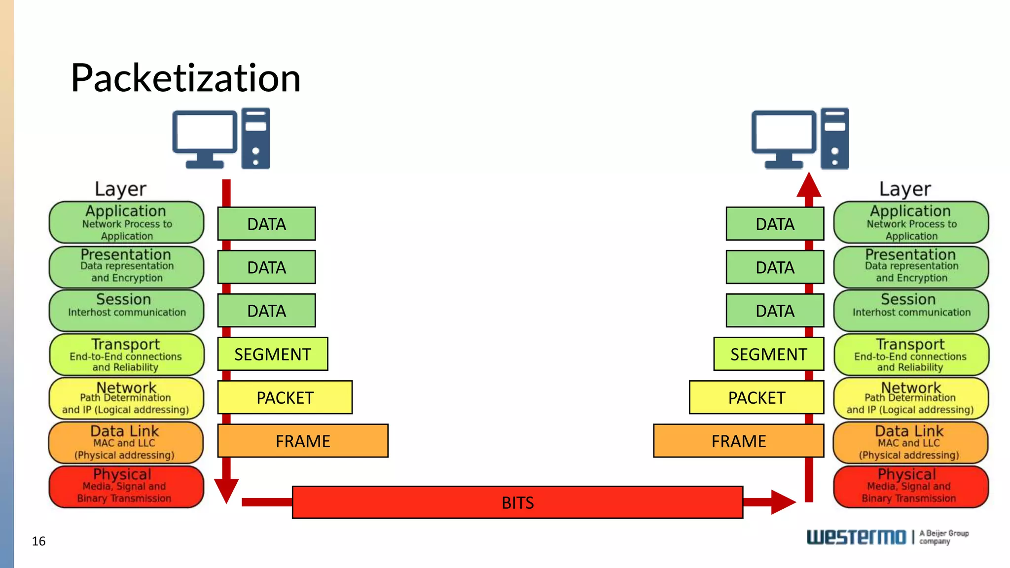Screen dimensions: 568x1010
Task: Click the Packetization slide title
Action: click(185, 78)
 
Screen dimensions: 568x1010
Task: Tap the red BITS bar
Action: click(517, 502)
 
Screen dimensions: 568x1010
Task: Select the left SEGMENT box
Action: click(273, 354)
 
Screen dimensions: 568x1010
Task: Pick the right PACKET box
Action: click(756, 397)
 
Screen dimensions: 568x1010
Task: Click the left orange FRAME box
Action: click(303, 441)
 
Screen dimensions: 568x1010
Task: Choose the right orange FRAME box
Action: click(738, 441)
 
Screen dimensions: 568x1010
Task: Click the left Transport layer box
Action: click(126, 355)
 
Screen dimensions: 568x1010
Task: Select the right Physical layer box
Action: click(910, 487)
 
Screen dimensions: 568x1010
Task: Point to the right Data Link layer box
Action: click(910, 442)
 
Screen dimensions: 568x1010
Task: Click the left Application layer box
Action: click(126, 222)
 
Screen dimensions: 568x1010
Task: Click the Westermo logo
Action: click(856, 537)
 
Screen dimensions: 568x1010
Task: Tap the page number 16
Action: click(38, 541)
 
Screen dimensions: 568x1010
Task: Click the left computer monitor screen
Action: click(204, 131)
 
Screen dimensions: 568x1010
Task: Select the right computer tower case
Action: click(834, 139)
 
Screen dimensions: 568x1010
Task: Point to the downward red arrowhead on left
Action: click(226, 490)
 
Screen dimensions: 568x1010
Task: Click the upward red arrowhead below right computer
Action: click(809, 185)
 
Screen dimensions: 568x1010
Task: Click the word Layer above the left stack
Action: click(120, 189)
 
